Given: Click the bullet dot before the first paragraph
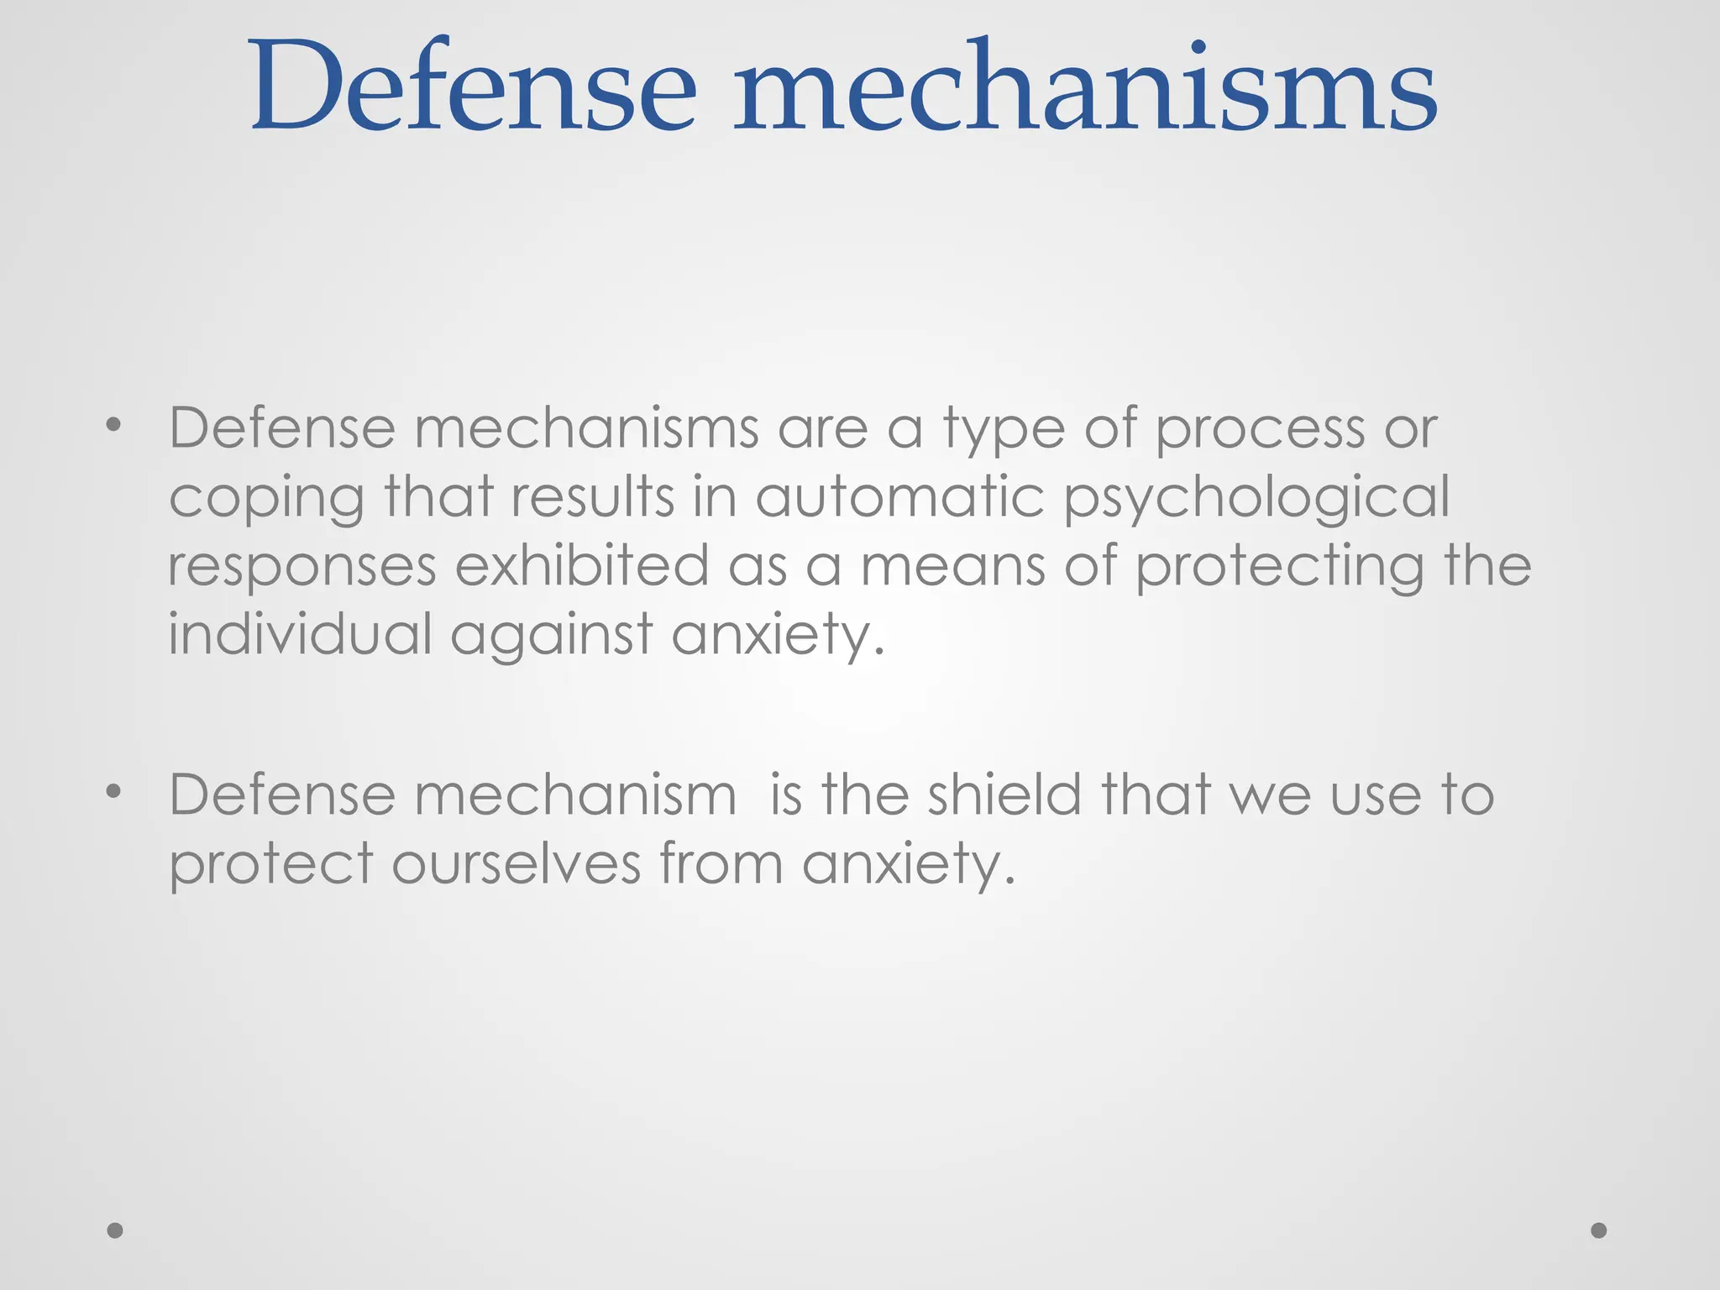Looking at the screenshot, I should pos(114,427).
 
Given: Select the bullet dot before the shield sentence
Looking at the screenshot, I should pos(114,792).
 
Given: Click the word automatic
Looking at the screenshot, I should pos(899,496).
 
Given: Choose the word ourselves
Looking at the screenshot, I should pos(516,863).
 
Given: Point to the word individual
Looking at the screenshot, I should pos(300,633).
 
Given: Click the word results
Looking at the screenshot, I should pos(593,496).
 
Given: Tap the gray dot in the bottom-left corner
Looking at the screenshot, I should pos(115,1230).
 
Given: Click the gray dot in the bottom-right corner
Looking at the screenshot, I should pos(1599,1230).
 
